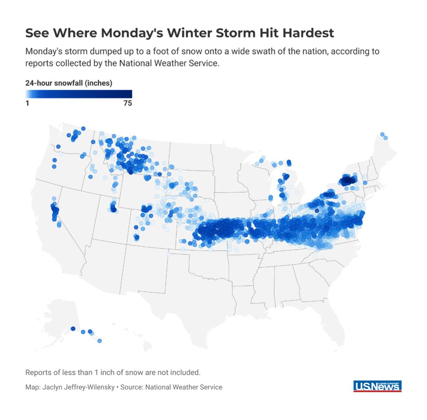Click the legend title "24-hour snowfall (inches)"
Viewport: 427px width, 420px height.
pyautogui.click(x=69, y=83)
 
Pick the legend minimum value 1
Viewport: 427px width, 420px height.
pyautogui.click(x=27, y=103)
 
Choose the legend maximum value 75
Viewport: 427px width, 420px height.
pyautogui.click(x=127, y=103)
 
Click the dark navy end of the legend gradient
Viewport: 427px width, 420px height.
pyautogui.click(x=128, y=94)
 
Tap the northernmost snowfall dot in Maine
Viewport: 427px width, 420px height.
pyautogui.click(x=382, y=134)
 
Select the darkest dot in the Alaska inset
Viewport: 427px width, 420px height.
pyautogui.click(x=73, y=329)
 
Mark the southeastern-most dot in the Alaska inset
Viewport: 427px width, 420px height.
pyautogui.click(x=99, y=341)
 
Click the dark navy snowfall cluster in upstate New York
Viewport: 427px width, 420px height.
pyautogui.click(x=348, y=181)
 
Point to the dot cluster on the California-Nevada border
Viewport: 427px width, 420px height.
pyautogui.click(x=55, y=211)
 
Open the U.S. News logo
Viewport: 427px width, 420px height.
pyautogui.click(x=377, y=386)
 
